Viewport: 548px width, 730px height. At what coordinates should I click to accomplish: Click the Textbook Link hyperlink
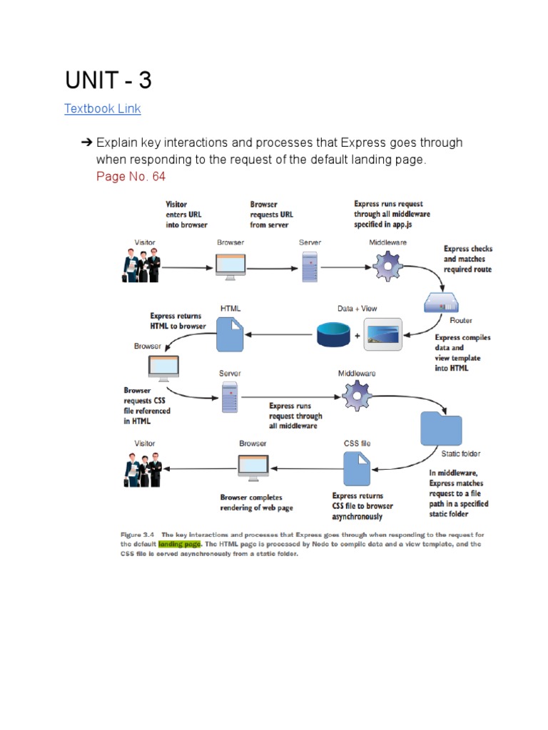tap(103, 108)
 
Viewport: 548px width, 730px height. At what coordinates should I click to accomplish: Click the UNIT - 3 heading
tap(108, 80)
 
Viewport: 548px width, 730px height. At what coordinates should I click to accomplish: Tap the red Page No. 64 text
tap(131, 177)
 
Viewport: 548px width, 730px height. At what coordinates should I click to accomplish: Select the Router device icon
tap(441, 302)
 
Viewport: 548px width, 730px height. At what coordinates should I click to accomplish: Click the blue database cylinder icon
tap(333, 334)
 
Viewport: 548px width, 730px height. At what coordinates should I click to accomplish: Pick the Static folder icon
tap(441, 428)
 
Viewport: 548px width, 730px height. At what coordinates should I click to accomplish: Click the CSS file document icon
tap(357, 469)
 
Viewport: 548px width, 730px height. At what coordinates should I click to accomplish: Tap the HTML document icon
tap(230, 334)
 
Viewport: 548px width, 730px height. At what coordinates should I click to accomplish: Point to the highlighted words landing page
tap(179, 544)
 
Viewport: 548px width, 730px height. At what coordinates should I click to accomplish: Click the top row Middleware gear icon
tap(387, 267)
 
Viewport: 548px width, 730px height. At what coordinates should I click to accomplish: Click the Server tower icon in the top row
tap(310, 267)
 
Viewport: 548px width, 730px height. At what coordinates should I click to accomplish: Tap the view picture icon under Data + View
tap(383, 334)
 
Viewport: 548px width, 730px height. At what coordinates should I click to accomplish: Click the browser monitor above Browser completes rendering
tap(253, 468)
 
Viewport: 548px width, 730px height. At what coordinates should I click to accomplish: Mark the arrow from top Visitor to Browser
tap(188, 268)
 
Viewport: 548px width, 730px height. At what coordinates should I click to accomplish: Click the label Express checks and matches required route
tap(468, 259)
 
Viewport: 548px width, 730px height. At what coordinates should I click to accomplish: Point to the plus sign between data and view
tap(357, 335)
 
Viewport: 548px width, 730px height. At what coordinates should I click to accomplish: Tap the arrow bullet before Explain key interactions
tap(86, 143)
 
